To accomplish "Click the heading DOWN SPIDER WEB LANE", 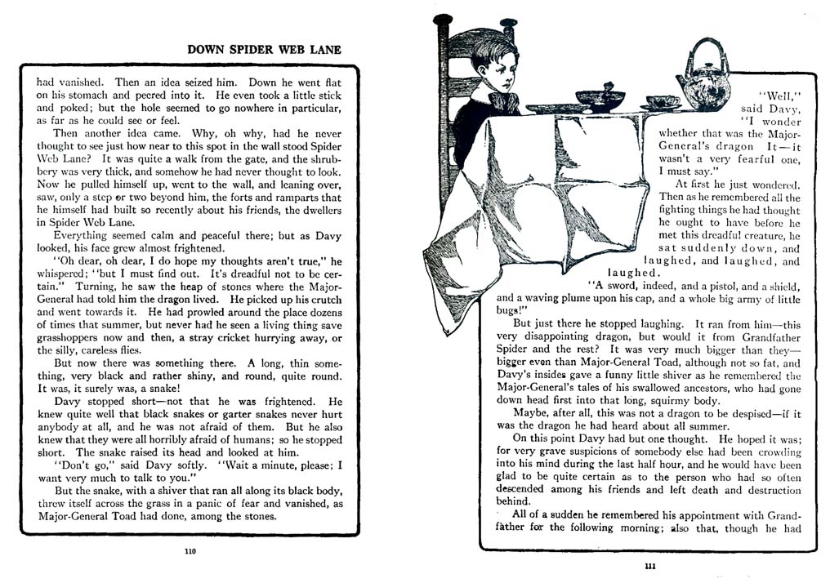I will [264, 49].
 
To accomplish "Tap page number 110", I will [190, 551].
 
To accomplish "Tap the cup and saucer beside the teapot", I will [662, 103].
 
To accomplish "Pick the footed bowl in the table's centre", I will [600, 97].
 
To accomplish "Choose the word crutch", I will [321, 300].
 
